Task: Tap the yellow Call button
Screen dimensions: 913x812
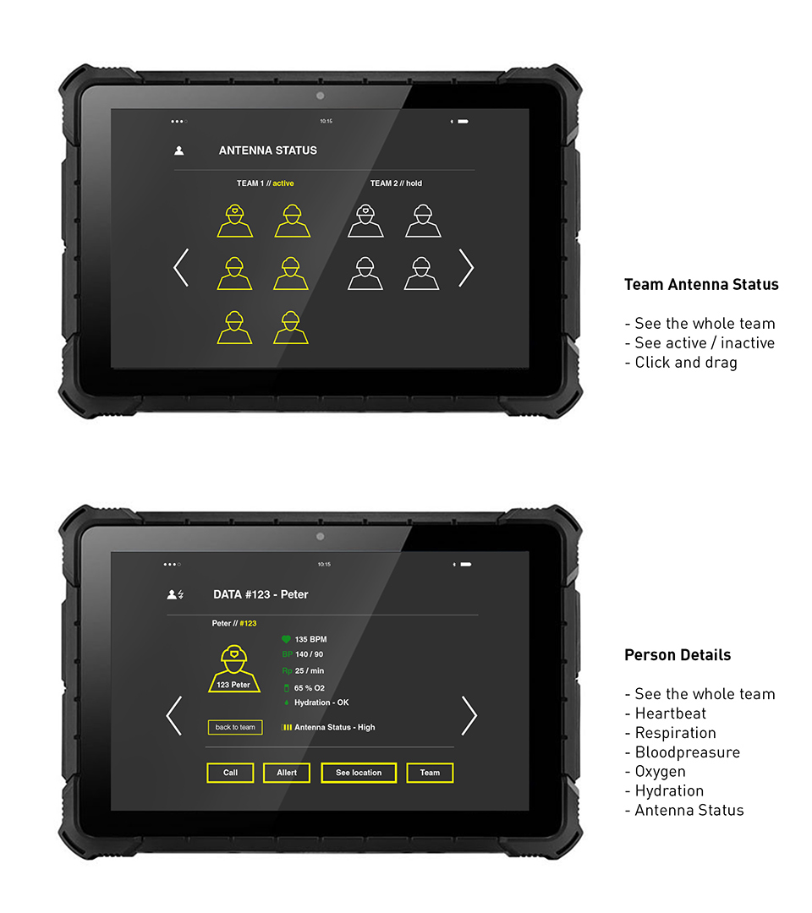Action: tap(230, 773)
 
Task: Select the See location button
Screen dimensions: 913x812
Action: tap(359, 773)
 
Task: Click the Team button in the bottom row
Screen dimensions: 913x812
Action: tap(430, 773)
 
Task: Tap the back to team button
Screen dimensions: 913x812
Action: tap(235, 727)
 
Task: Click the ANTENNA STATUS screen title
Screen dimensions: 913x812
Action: tap(268, 150)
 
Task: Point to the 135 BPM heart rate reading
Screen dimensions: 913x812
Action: tap(310, 640)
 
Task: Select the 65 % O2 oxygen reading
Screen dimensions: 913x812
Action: tap(309, 688)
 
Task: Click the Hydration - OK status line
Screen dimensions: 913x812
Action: tap(321, 703)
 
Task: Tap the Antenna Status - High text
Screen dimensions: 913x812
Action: tap(334, 727)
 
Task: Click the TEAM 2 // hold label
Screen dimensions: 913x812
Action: tap(396, 183)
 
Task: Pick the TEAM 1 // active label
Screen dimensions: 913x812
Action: tap(265, 183)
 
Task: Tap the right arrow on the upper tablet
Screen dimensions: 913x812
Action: tap(466, 268)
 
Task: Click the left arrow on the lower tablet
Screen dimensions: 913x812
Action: tap(174, 716)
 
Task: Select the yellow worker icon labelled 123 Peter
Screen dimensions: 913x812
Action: tap(233, 669)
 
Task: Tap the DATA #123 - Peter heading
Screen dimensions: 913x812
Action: tap(261, 594)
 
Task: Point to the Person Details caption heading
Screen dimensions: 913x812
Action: tap(678, 655)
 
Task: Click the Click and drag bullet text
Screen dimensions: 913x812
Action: tap(685, 363)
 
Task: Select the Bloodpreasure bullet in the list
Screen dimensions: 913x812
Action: tap(687, 752)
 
